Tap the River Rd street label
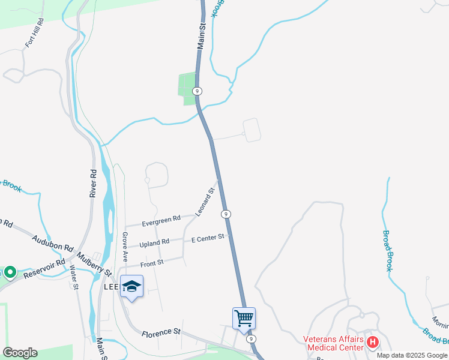pos(93,183)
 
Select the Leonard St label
pos(205,202)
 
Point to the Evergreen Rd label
pos(161,221)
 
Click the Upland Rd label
pos(154,243)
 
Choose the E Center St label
pos(208,239)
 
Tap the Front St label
pos(152,263)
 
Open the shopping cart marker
pos(244,317)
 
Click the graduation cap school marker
pos(131,286)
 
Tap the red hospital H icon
pos(373,343)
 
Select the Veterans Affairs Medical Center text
pos(334,343)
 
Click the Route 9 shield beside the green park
pos(197,91)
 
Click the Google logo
pos(20,353)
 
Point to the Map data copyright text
pos(412,355)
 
